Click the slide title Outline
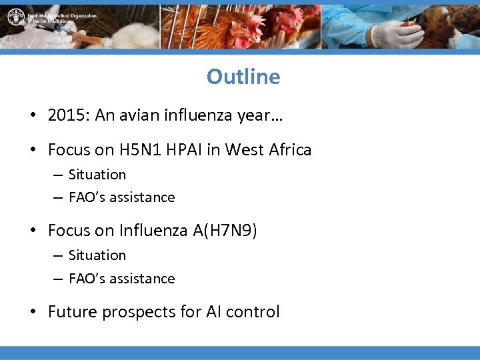243,77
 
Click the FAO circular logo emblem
15,17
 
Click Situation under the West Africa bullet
97,175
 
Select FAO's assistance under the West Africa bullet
122,197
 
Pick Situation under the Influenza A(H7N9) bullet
97,255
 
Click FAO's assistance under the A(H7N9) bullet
122,279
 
